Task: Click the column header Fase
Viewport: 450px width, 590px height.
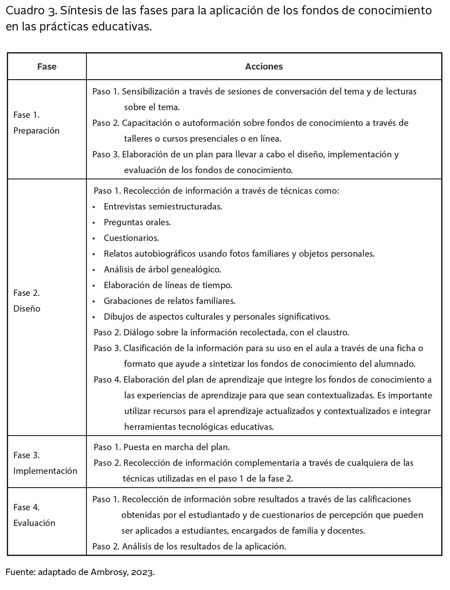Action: click(47, 66)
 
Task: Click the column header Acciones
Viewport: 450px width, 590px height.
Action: click(264, 66)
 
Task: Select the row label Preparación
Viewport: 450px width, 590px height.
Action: click(36, 131)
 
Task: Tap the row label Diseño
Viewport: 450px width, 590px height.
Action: click(27, 308)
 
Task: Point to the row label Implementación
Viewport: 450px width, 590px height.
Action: click(45, 471)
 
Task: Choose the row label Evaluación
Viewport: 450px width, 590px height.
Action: click(34, 523)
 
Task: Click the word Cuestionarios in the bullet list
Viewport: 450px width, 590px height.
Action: click(131, 238)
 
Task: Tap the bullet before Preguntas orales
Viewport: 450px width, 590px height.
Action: click(94, 223)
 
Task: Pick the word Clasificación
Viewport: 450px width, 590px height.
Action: click(148, 348)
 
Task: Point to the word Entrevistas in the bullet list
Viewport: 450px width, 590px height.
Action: click(125, 207)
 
